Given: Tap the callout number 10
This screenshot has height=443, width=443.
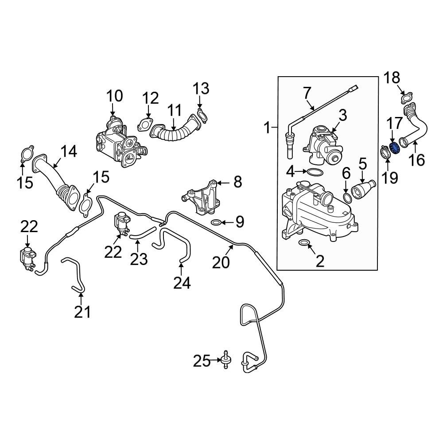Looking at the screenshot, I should coord(113,95).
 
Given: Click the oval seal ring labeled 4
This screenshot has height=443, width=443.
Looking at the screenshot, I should coord(315,171).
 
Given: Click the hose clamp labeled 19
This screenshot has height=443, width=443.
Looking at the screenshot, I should coord(385,153).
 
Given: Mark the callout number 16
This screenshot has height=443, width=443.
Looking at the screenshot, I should coord(416,159).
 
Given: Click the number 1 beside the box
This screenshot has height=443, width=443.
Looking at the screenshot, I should coord(267,128).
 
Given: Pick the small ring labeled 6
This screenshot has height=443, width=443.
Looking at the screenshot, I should coord(348,197).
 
